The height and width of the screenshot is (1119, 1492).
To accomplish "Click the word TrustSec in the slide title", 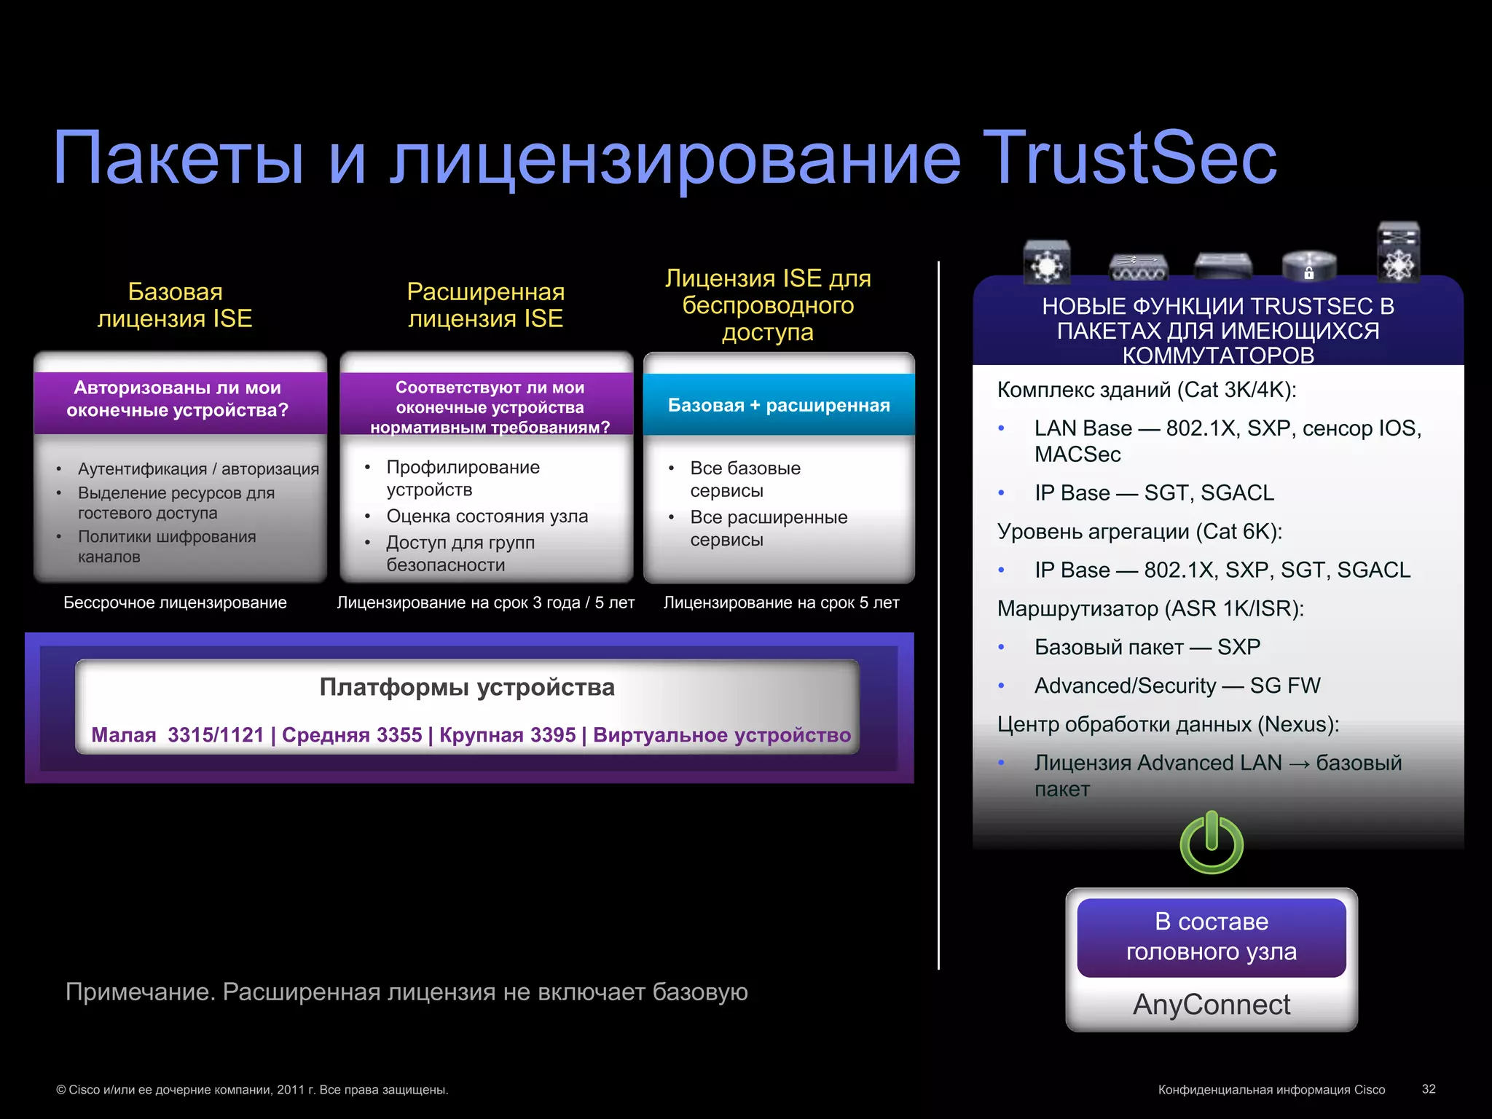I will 1129,158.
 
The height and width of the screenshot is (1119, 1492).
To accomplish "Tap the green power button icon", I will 1212,844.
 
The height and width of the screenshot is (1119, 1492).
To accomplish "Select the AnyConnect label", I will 1212,1005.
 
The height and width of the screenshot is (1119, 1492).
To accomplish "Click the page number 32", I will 1429,1089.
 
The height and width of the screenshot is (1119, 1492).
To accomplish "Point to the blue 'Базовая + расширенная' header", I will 779,405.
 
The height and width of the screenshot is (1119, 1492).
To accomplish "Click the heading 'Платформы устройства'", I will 467,687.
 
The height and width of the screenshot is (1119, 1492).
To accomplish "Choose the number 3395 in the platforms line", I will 553,735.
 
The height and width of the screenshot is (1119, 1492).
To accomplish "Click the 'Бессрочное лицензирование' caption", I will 175,602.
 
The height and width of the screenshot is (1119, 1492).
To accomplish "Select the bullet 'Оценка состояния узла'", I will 487,517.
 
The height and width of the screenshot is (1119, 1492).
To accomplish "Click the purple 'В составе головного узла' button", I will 1212,937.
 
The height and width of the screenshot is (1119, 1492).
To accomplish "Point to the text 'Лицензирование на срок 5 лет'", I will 781,602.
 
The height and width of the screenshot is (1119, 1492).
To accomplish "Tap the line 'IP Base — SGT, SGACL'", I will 1154,493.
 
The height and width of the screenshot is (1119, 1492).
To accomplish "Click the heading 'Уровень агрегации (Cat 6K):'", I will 1139,532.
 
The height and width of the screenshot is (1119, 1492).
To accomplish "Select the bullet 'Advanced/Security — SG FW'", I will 1177,686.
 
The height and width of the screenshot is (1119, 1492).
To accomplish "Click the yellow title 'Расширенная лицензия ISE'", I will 486,305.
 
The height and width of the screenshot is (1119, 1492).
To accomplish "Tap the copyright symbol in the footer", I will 61,1090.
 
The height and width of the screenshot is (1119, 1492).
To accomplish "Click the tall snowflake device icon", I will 1398,253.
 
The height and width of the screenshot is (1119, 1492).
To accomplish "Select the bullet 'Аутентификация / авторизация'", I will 198,469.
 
